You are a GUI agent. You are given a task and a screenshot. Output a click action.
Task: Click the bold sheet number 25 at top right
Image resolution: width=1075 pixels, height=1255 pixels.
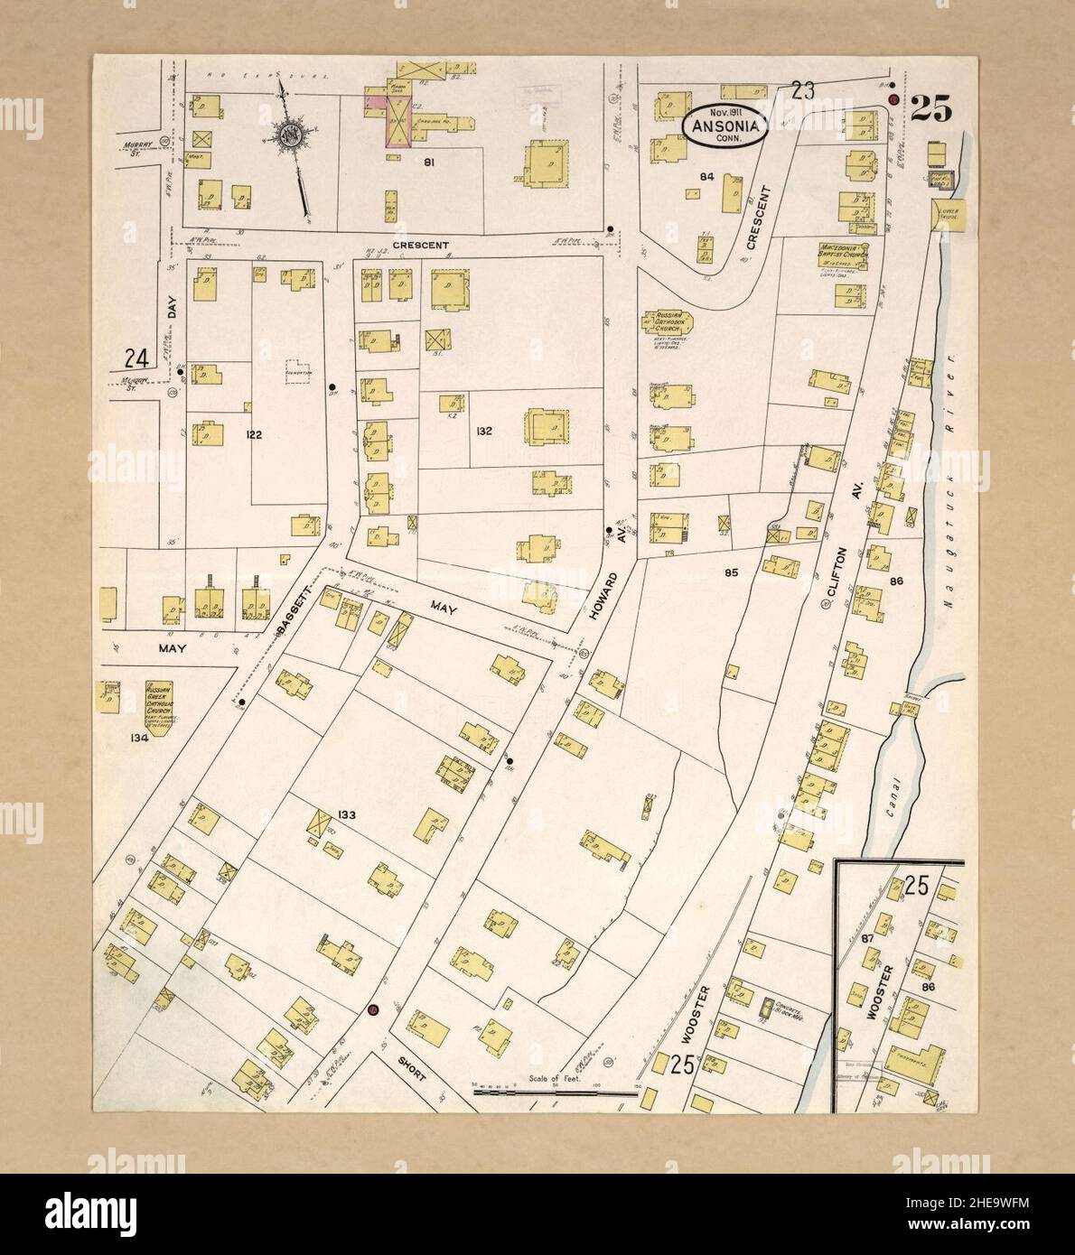point(930,109)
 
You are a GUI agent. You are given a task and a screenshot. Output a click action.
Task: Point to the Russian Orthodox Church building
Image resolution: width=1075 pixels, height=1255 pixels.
point(661,323)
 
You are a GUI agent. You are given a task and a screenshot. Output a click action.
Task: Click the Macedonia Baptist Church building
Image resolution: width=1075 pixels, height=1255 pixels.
point(844,255)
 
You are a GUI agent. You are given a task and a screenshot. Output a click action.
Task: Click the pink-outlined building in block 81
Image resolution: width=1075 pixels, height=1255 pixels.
point(397,121)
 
